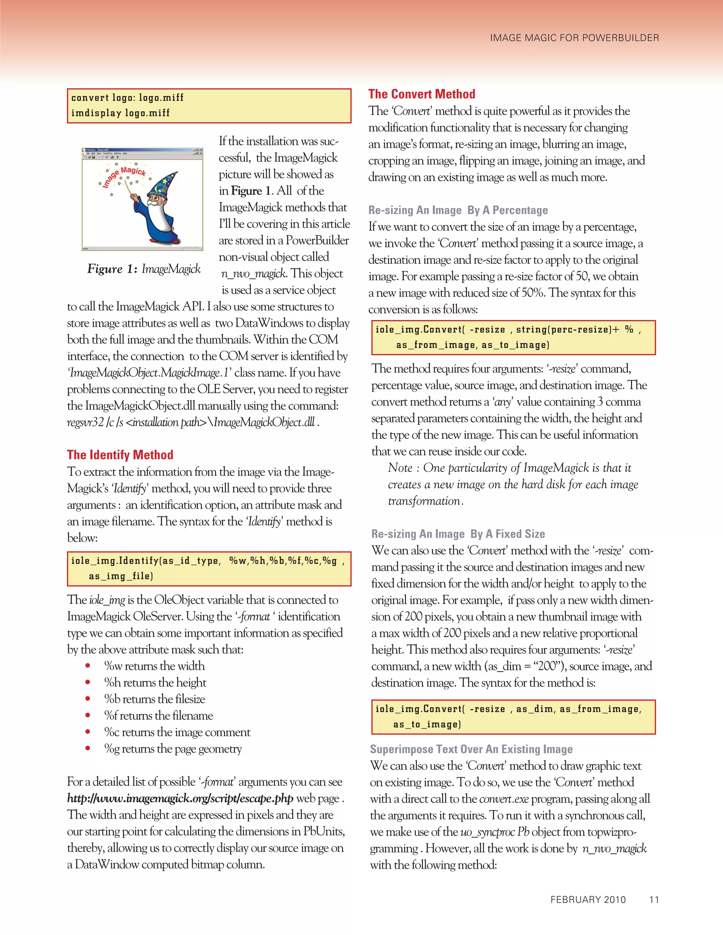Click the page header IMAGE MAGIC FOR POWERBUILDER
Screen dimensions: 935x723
[574, 38]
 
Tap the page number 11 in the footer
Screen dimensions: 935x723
[653, 899]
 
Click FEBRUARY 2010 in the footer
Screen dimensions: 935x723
[588, 899]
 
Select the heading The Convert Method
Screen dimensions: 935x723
[422, 94]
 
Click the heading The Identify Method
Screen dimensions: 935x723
[120, 455]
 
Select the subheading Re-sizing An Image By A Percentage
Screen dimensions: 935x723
[458, 210]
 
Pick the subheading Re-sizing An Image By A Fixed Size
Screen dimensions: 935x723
[458, 534]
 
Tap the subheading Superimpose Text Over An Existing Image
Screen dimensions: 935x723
[471, 749]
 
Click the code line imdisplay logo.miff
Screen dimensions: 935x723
[120, 113]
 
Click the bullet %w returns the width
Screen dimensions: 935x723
[154, 666]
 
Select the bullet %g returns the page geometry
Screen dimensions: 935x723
[173, 749]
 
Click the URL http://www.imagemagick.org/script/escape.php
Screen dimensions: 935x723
[180, 799]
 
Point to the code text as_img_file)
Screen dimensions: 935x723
[121, 576]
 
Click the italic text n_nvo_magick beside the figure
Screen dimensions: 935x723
[253, 273]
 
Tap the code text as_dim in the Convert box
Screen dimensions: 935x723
[536, 709]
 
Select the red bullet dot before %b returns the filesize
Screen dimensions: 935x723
[88, 699]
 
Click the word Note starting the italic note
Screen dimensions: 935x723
[400, 468]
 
